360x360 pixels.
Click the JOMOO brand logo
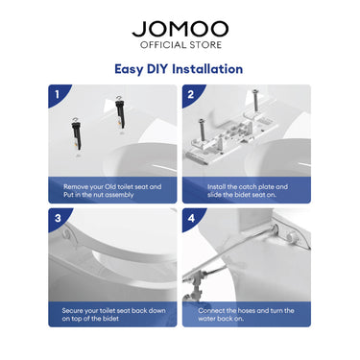click(180, 29)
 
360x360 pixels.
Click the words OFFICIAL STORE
click(180, 45)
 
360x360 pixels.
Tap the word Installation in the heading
click(207, 69)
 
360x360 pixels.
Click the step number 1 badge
click(58, 95)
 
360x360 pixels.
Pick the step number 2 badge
click(191, 95)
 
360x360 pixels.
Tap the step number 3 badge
click(58, 218)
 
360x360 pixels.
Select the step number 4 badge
click(191, 218)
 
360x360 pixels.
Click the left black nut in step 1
click(76, 135)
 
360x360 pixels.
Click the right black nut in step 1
click(120, 113)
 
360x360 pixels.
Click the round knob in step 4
click(292, 237)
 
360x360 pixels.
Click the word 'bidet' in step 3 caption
click(110, 319)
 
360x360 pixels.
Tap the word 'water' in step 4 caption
click(206, 319)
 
